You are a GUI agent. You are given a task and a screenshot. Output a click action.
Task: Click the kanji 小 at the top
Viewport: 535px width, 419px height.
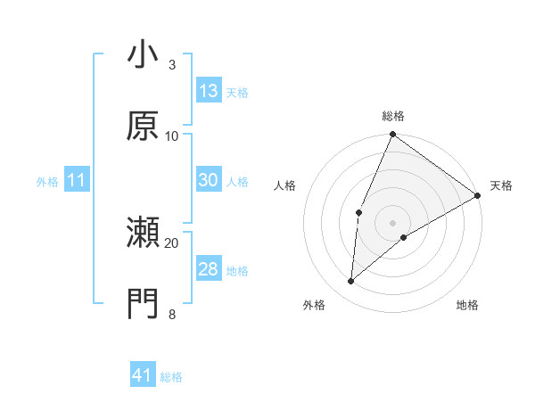point(143,55)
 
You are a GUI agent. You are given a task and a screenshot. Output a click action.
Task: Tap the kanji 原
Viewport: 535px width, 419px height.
point(143,127)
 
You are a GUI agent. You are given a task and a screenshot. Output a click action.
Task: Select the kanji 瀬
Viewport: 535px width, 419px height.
point(143,234)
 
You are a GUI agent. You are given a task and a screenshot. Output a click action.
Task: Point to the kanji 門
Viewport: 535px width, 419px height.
point(143,305)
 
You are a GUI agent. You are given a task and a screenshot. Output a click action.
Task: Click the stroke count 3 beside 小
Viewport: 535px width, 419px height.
point(171,65)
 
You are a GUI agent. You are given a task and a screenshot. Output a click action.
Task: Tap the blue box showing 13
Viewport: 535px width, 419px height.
point(209,91)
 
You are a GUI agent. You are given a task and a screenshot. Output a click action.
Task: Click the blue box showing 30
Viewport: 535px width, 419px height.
point(209,180)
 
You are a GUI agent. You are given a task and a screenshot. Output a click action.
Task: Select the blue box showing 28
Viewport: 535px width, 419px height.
point(209,269)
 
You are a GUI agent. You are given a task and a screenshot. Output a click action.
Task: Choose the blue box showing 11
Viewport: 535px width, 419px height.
point(77,180)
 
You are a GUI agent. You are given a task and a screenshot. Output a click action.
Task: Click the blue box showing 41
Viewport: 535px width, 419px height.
point(143,375)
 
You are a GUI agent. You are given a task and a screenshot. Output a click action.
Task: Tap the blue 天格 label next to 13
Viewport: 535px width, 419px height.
point(237,93)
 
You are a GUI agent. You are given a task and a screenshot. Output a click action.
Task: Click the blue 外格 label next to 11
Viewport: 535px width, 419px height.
point(47,182)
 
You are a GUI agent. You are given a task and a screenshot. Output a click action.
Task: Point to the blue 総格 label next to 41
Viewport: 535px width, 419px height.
point(171,377)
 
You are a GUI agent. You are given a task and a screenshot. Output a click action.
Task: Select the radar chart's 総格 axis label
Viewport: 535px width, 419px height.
point(393,116)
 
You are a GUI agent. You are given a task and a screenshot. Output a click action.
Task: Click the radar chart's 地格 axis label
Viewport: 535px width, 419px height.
point(467,306)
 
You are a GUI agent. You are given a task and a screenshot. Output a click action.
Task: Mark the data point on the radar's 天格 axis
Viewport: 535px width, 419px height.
point(478,195)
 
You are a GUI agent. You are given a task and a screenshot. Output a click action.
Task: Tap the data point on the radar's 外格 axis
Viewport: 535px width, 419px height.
point(351,282)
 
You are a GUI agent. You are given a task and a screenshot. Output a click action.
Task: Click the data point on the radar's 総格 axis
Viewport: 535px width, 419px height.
point(392,135)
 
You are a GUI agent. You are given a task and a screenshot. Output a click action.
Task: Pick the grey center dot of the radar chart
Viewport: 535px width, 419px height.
point(392,222)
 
